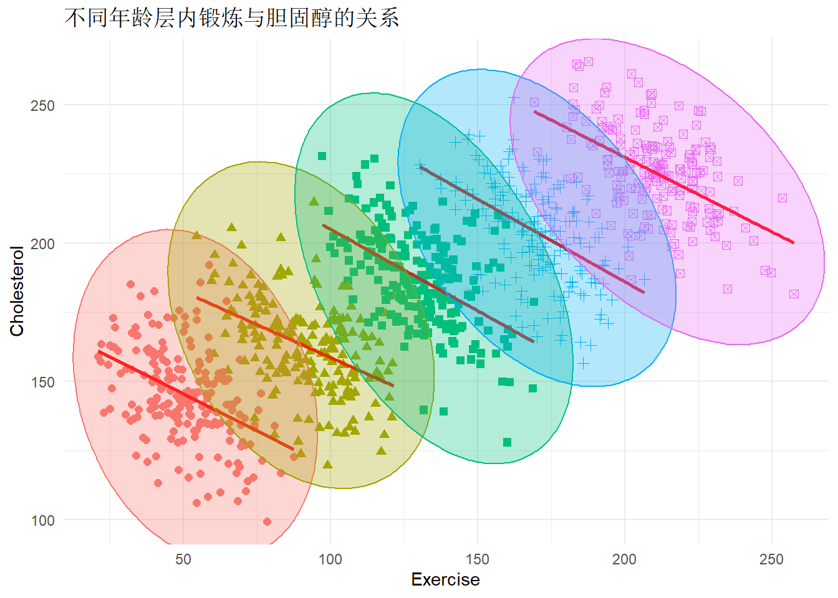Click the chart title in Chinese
coord(231,17)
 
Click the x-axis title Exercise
coord(445,579)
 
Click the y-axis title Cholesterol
coord(17,291)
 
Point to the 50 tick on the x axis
coord(183,559)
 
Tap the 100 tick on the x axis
coord(330,559)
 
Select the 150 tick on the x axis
coord(478,559)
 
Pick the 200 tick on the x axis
coord(624,559)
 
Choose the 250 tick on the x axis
coord(771,559)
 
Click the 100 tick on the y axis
coord(42,520)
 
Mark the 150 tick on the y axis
coord(42,382)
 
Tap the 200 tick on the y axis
coord(42,244)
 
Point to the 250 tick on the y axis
coord(42,105)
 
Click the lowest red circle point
coord(267,521)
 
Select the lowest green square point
coord(507,442)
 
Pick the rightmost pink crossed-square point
coord(794,294)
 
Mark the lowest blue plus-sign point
coord(583,363)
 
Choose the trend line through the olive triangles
coord(295,342)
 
